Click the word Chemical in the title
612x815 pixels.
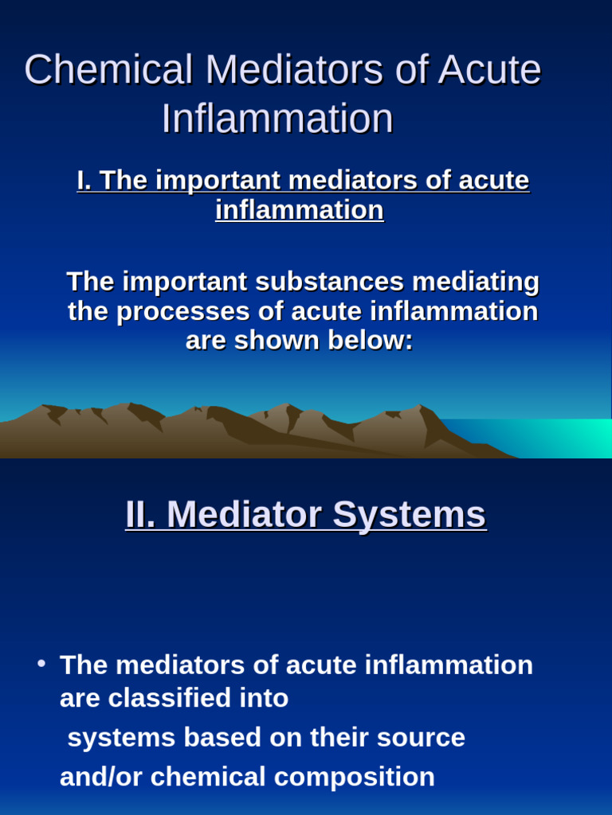coord(108,71)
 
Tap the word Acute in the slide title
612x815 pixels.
coord(488,71)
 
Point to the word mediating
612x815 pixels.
coord(473,282)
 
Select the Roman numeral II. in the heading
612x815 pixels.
coord(142,514)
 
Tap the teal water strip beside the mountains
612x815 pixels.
coord(542,438)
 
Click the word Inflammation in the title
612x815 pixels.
coord(277,119)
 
